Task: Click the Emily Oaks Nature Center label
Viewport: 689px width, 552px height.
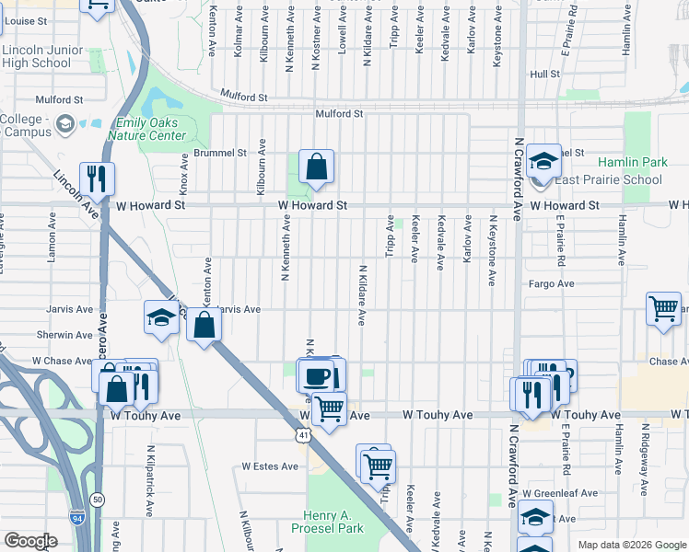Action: pos(151,130)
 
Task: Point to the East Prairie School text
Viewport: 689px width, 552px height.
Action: pos(609,179)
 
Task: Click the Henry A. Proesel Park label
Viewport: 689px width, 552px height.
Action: pos(333,521)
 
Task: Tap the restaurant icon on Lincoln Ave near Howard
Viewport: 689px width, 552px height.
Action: pos(97,178)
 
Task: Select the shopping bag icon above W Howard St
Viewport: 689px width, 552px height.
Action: pos(316,167)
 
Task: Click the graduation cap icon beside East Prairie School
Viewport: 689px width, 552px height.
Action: pos(544,163)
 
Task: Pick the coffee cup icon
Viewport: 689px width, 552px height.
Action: pos(317,376)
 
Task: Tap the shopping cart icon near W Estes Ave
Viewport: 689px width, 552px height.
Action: pos(377,466)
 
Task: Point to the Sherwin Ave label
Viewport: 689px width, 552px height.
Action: pos(64,336)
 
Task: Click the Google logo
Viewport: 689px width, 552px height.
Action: pos(30,541)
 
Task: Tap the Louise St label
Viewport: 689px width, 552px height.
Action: pos(25,20)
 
